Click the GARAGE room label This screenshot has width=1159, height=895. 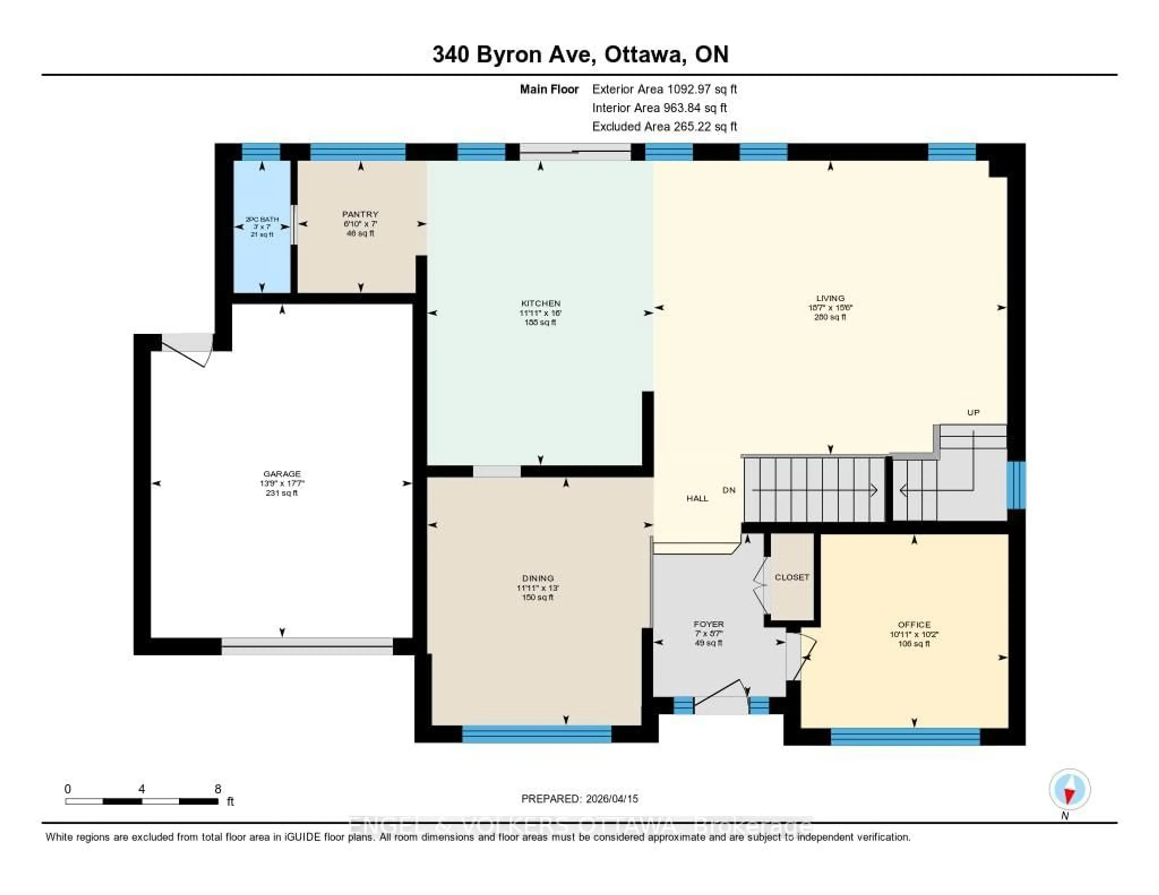(282, 474)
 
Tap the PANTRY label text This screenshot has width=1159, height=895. (360, 214)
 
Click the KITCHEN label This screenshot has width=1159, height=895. (540, 303)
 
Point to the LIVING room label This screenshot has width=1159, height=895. (830, 298)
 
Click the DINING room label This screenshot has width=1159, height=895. (538, 578)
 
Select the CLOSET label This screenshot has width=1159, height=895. (792, 577)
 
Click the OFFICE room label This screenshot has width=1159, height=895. (914, 624)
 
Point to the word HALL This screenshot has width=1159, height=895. (697, 498)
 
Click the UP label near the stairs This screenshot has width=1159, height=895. (973, 412)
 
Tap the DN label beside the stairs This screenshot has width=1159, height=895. (729, 490)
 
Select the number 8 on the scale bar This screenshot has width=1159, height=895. (218, 789)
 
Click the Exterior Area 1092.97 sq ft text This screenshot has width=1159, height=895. (664, 89)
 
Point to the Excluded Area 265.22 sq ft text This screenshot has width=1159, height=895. (664, 126)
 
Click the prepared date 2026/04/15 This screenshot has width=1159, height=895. (611, 798)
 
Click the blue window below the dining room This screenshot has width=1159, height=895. (537, 734)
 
